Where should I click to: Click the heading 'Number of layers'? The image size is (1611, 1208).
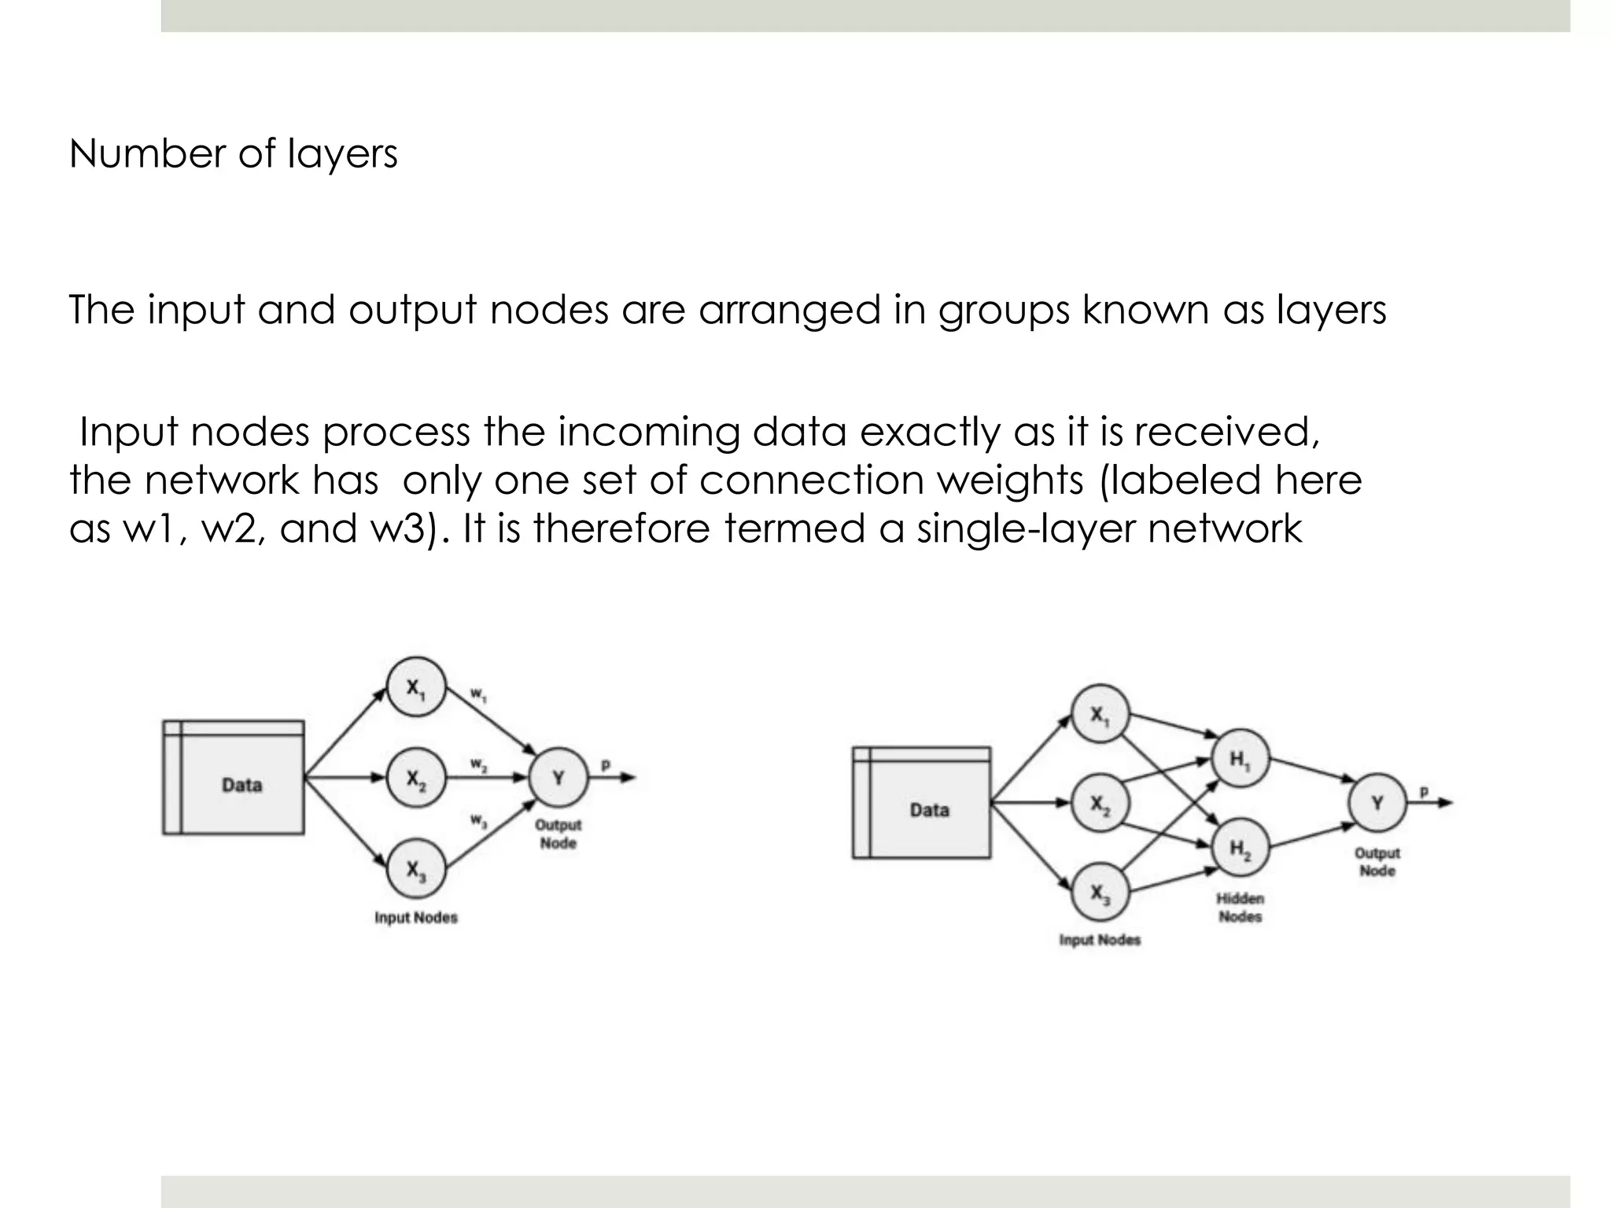[x=233, y=153]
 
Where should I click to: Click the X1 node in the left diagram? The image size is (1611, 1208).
[x=416, y=687]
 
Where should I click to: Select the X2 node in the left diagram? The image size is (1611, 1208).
[x=416, y=779]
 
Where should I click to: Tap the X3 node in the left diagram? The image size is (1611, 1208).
[x=416, y=869]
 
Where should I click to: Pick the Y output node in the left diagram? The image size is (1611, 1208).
[x=559, y=778]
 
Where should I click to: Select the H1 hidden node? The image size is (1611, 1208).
[x=1240, y=759]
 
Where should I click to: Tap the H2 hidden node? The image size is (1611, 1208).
[x=1240, y=849]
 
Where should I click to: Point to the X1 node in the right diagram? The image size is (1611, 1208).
[x=1100, y=714]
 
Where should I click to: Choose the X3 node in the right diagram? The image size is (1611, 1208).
[x=1100, y=893]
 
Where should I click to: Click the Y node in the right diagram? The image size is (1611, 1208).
[x=1377, y=803]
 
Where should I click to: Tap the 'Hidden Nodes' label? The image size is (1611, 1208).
[x=1240, y=908]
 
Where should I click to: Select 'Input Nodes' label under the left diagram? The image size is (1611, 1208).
[x=415, y=918]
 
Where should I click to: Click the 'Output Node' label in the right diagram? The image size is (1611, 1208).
[x=1377, y=862]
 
